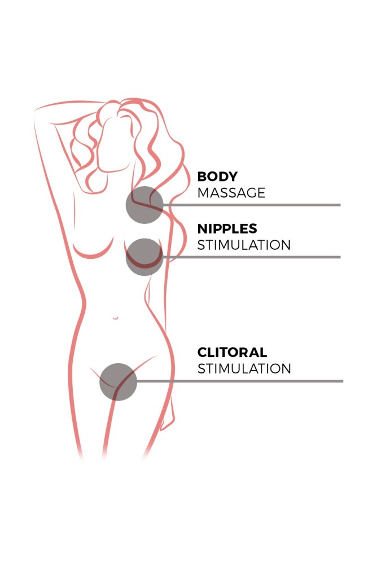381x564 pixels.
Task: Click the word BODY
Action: click(217, 177)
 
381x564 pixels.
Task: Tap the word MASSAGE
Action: click(231, 193)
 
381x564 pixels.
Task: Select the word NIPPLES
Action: click(227, 229)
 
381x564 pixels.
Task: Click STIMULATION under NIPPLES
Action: click(244, 245)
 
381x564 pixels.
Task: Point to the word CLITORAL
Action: click(233, 352)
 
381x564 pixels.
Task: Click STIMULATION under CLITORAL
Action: click(244, 369)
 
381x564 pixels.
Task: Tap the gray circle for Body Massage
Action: click(144, 205)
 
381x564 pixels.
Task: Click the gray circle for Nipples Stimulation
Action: click(144, 257)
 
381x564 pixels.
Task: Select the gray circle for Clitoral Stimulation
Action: click(118, 382)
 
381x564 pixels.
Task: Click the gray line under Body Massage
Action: click(252, 205)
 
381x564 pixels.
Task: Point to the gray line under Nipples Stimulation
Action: click(252, 257)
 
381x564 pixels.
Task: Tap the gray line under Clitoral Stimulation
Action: click(240, 381)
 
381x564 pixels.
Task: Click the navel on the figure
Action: click(116, 318)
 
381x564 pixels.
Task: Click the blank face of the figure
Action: click(114, 144)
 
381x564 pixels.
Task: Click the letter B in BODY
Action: click(202, 177)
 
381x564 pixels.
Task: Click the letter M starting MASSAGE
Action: click(203, 193)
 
